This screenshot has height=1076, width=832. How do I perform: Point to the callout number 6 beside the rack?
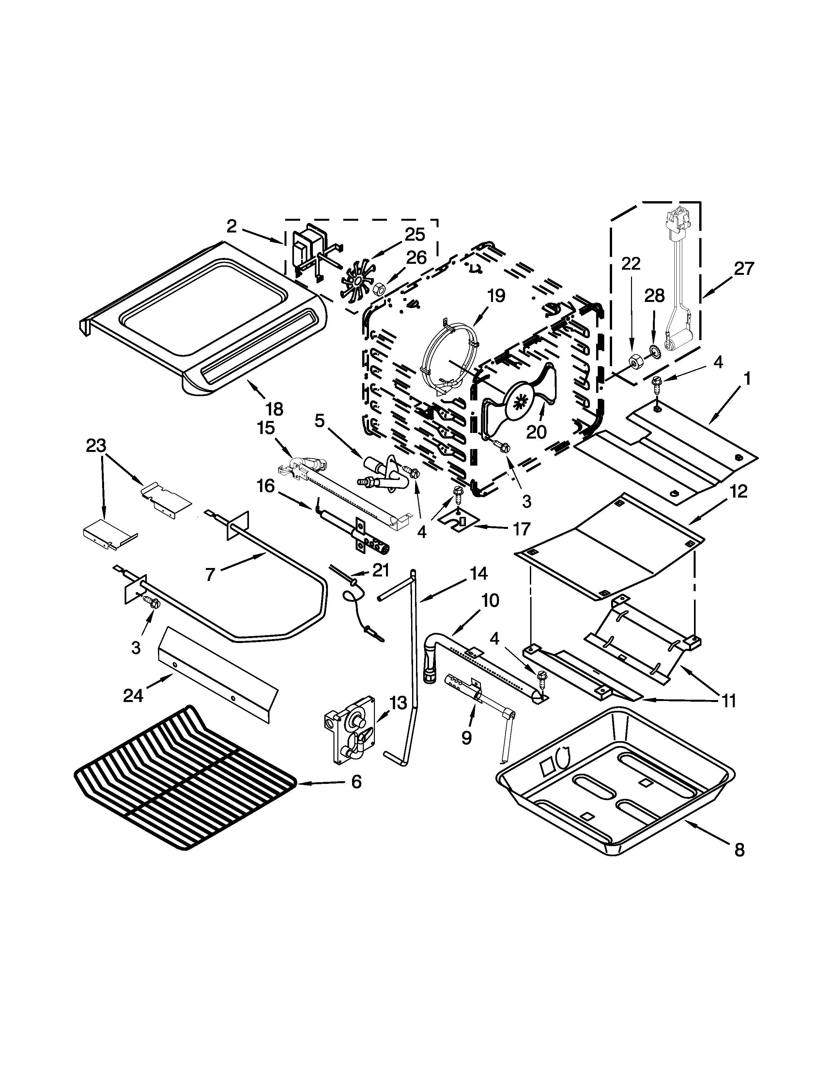click(356, 781)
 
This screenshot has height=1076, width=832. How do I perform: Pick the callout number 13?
click(397, 703)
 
